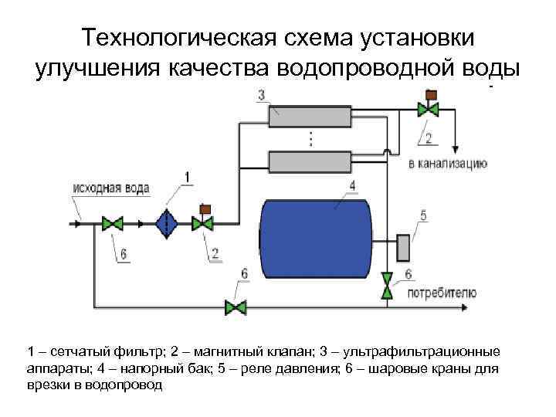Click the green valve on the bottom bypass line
(235, 308)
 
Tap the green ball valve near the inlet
(113, 224)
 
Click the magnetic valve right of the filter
(204, 222)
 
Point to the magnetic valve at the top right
(429, 108)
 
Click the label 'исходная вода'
(111, 188)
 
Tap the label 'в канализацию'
(447, 164)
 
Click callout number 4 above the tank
(352, 184)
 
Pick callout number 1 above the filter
(185, 178)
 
